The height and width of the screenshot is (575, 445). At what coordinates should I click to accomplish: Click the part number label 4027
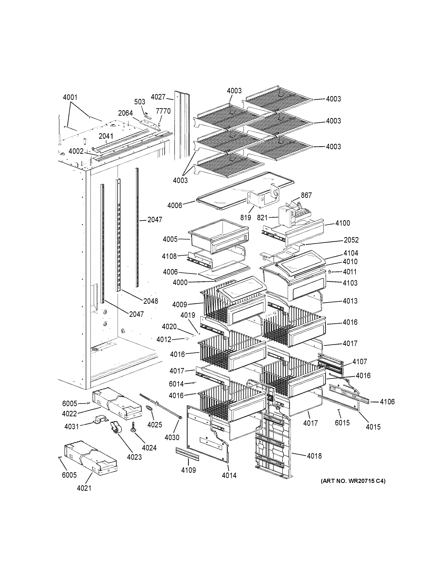(x=158, y=97)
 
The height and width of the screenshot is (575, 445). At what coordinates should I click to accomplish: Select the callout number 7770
(x=163, y=111)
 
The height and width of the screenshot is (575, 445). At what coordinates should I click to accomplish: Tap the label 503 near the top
(x=140, y=102)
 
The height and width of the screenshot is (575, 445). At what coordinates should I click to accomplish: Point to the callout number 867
(x=306, y=195)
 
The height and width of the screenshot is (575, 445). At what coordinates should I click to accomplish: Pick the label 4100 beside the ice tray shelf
(x=343, y=223)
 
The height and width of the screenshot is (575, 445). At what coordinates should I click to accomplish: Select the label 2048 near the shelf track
(x=151, y=301)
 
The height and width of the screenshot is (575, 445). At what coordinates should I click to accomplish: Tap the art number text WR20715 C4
(x=353, y=481)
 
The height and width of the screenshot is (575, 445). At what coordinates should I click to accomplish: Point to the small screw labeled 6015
(x=339, y=410)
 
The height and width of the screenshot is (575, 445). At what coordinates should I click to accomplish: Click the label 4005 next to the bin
(x=170, y=239)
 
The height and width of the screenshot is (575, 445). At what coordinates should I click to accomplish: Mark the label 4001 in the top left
(x=70, y=97)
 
